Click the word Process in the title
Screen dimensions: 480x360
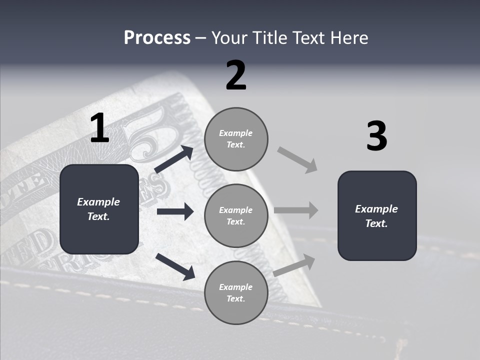157,38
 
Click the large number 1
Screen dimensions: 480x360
99,128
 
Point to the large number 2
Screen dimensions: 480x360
236,75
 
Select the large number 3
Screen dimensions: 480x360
376,136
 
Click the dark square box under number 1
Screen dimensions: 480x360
99,209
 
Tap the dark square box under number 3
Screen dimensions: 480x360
377,215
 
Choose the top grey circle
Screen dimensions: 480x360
236,138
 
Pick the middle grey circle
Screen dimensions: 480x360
236,215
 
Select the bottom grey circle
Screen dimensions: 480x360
236,292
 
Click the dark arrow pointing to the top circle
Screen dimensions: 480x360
174,159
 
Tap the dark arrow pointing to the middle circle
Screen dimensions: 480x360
175,211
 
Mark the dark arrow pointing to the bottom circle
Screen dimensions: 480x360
175,266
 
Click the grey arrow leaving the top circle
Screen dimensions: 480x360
297,159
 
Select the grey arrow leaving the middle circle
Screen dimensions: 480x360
296,210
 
